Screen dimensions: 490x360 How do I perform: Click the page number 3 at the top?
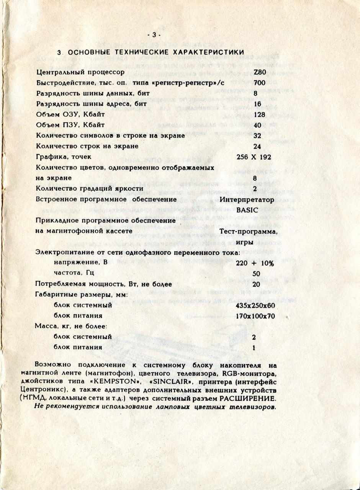(154, 35)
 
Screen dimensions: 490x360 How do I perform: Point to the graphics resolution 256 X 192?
(255, 157)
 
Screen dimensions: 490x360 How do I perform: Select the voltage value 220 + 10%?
(255, 263)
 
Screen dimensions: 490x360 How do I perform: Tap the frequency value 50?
(257, 274)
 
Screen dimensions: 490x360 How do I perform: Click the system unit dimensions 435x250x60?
(255, 305)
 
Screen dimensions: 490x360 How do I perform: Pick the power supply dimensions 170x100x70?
(255, 316)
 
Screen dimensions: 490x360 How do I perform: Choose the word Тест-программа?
(249, 231)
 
